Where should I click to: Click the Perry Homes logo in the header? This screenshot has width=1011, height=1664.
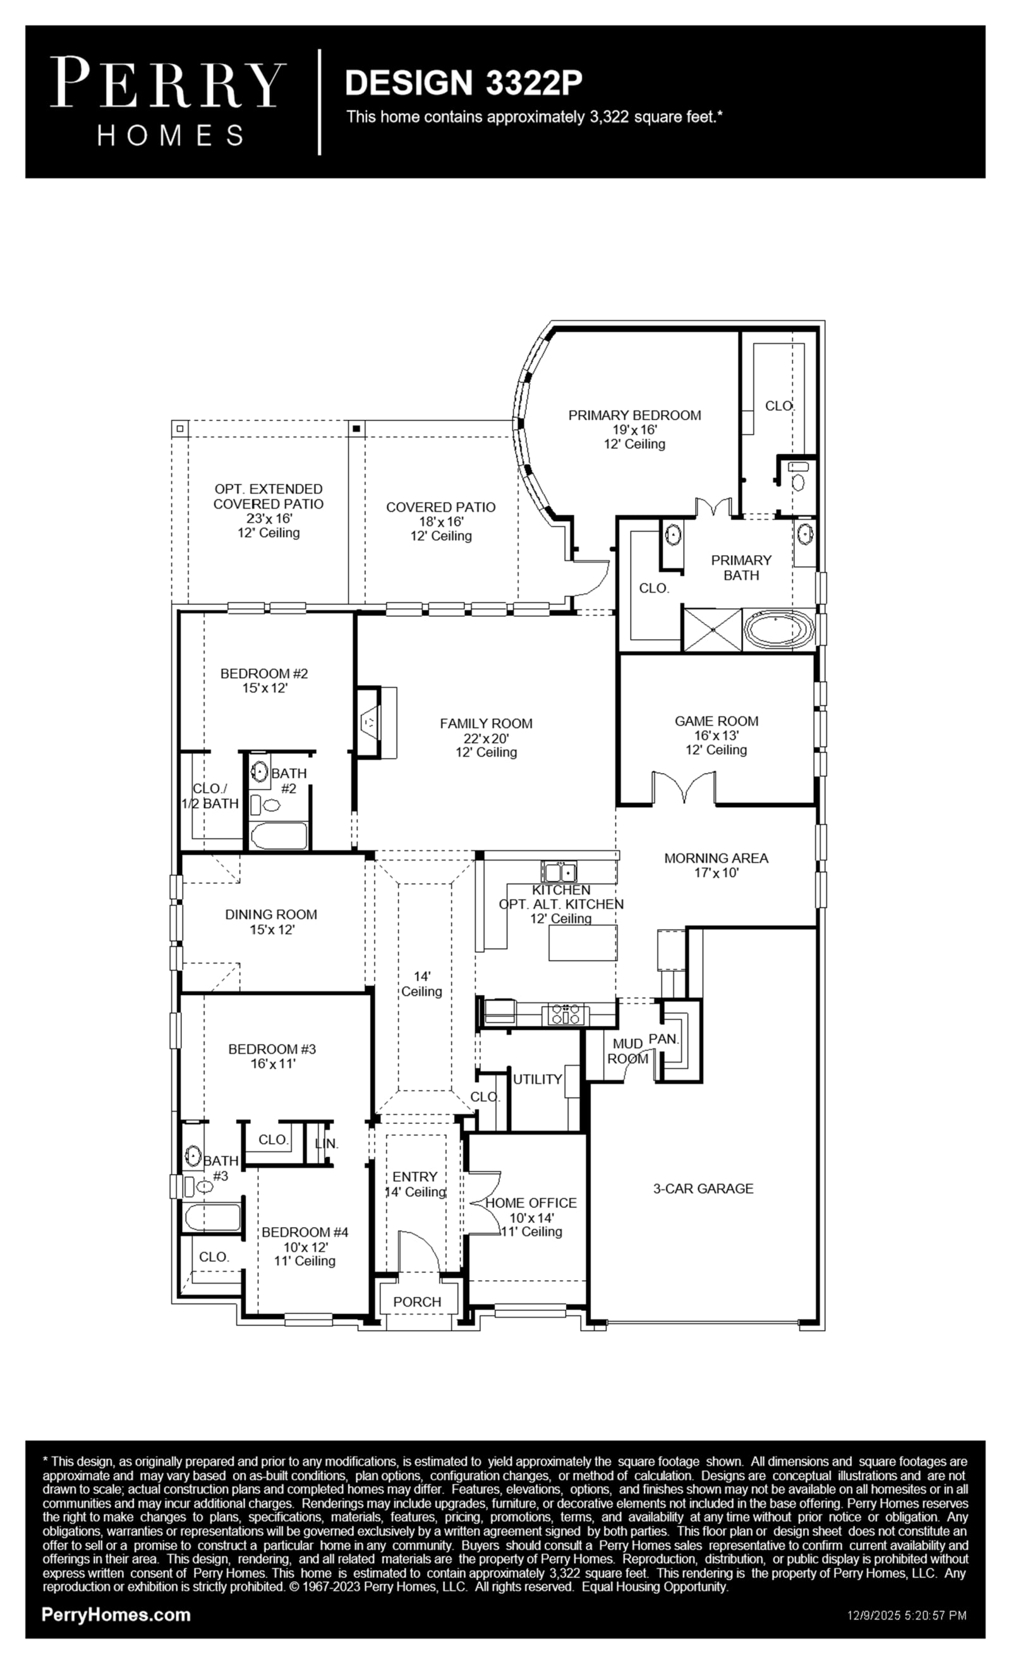pyautogui.click(x=167, y=101)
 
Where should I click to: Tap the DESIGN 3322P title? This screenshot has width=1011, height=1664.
pyautogui.click(x=464, y=82)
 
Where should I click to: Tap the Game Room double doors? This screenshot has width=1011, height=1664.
pyautogui.click(x=684, y=787)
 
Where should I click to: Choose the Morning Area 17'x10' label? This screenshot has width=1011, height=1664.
pyautogui.click(x=717, y=865)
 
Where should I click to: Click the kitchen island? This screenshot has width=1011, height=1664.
pyautogui.click(x=583, y=943)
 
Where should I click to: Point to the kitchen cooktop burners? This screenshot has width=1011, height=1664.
pyautogui.click(x=566, y=1014)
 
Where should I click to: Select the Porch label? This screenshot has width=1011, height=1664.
pyautogui.click(x=417, y=1302)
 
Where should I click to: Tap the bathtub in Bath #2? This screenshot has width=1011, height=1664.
pyautogui.click(x=279, y=835)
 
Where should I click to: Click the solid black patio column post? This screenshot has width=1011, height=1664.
pyautogui.click(x=357, y=428)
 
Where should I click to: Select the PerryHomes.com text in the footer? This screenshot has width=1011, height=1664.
pyautogui.click(x=116, y=1615)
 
